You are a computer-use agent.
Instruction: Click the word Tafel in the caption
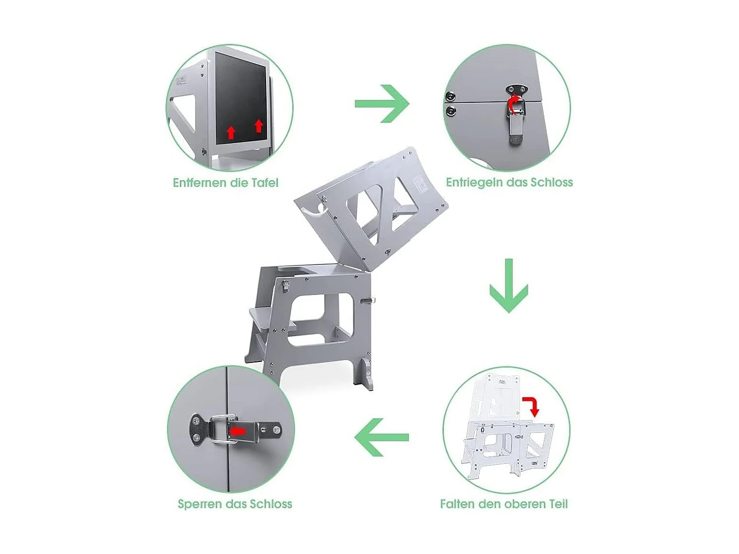tap(265, 183)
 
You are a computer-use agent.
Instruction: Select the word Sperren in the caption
tap(200, 504)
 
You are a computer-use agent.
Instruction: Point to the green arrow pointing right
tap(382, 104)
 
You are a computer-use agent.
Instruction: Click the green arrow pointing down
tap(508, 286)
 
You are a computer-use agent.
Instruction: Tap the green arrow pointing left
tap(381, 437)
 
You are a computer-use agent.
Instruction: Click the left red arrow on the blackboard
tap(231, 132)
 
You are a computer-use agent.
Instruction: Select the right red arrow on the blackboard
tap(259, 126)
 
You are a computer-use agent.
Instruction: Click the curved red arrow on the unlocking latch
tap(514, 104)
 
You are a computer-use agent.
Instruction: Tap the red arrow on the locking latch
tap(238, 431)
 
